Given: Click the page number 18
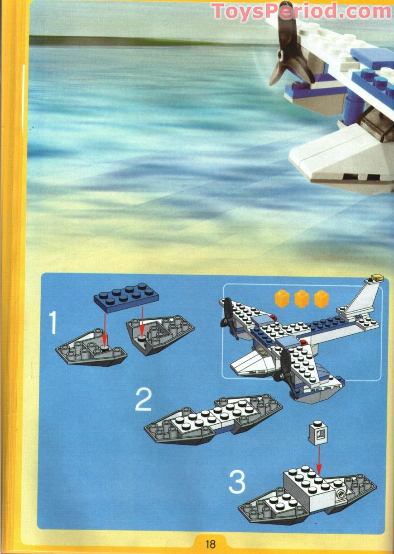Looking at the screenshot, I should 210,543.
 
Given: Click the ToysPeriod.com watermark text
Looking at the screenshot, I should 302,11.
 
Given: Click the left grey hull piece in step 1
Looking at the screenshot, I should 91,348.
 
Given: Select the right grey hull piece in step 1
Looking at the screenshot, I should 159,333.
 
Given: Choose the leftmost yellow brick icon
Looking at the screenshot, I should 282,299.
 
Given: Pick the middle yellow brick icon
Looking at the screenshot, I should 302,299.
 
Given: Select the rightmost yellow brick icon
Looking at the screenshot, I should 322,299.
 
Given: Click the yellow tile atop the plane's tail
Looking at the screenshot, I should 376,275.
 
